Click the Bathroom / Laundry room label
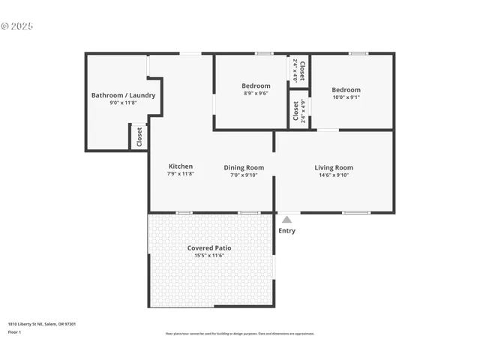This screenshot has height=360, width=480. (123, 95)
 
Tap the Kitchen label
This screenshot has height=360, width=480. (180, 166)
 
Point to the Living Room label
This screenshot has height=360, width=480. (334, 167)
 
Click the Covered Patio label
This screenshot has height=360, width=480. (208, 247)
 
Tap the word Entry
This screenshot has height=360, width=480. (286, 231)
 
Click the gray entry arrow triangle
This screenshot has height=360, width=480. (286, 220)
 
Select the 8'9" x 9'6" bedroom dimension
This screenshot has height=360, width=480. (256, 94)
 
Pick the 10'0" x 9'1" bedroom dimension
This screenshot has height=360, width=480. (346, 97)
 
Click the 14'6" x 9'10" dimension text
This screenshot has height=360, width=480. (334, 175)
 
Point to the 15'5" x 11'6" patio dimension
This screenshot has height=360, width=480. (208, 256)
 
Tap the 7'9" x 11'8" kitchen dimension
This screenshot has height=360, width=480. (180, 174)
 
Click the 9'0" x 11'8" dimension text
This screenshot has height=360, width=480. (123, 103)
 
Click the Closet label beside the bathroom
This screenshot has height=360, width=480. (139, 137)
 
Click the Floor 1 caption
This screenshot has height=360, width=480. (15, 331)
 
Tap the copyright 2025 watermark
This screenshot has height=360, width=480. (18, 26)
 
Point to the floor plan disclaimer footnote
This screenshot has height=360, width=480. (240, 334)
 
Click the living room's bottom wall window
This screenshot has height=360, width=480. (355, 213)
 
